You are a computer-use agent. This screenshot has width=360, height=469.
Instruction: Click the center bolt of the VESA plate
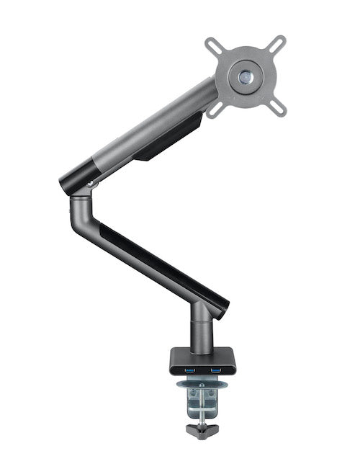pos(246,75)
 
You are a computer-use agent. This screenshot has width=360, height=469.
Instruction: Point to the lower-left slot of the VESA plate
pos(215,108)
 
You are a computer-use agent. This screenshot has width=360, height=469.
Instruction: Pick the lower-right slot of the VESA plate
pos(277,107)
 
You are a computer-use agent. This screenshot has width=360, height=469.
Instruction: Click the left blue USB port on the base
pos(190,370)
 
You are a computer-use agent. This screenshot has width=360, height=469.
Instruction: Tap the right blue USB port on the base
pos(215,370)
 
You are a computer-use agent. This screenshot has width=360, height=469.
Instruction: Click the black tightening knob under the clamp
pos(201,430)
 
